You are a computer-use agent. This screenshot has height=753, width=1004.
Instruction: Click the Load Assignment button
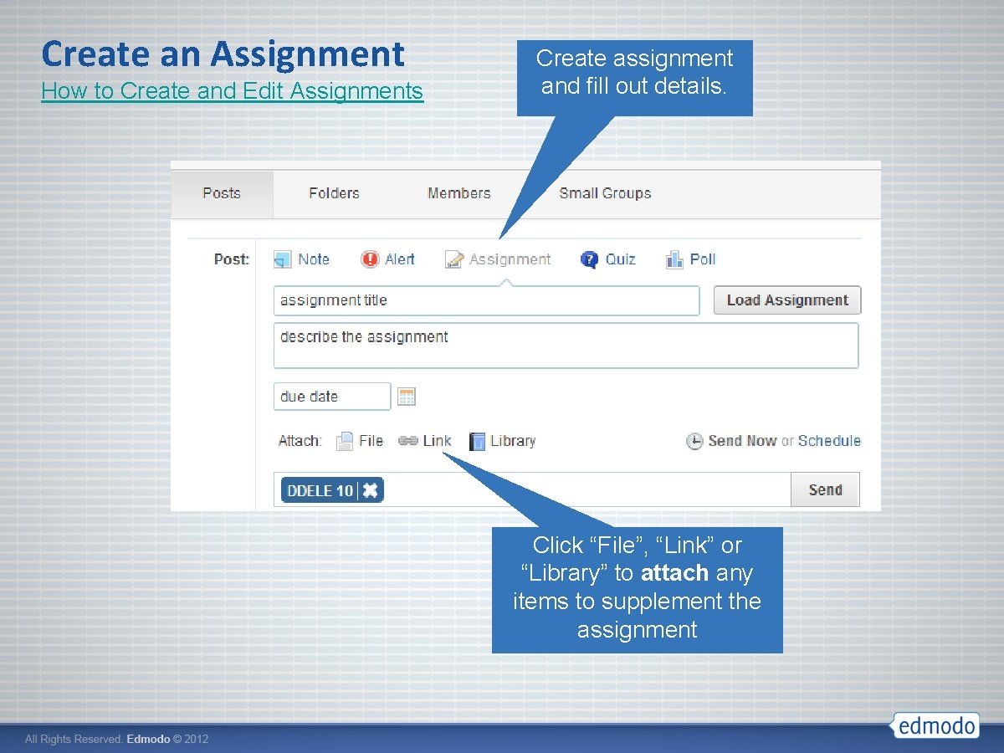(x=786, y=300)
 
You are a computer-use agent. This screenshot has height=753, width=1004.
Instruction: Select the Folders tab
(x=334, y=193)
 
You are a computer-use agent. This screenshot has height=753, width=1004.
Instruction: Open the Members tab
(x=458, y=193)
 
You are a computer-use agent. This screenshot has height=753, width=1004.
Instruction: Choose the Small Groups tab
(x=605, y=193)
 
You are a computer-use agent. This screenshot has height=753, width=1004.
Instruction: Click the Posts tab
(x=222, y=193)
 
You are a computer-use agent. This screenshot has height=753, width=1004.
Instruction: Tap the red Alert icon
(x=370, y=259)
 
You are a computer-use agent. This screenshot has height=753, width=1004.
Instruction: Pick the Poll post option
(x=691, y=259)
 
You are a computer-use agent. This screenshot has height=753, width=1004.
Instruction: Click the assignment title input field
(x=485, y=300)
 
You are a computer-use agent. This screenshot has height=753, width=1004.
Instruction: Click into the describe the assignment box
(x=566, y=345)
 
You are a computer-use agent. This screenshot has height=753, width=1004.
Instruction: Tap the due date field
(x=331, y=397)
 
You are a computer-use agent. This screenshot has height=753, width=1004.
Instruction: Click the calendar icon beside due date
(x=407, y=397)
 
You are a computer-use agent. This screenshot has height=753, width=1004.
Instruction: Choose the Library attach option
(x=502, y=441)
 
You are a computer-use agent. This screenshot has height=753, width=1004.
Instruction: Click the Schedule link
(x=829, y=441)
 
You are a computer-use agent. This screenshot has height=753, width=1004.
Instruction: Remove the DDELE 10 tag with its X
(x=370, y=490)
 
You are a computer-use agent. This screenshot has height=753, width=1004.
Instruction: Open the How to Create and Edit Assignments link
(x=232, y=90)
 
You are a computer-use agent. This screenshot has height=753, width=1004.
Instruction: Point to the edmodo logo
(x=935, y=725)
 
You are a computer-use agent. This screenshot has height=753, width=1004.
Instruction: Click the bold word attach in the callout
(x=675, y=573)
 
